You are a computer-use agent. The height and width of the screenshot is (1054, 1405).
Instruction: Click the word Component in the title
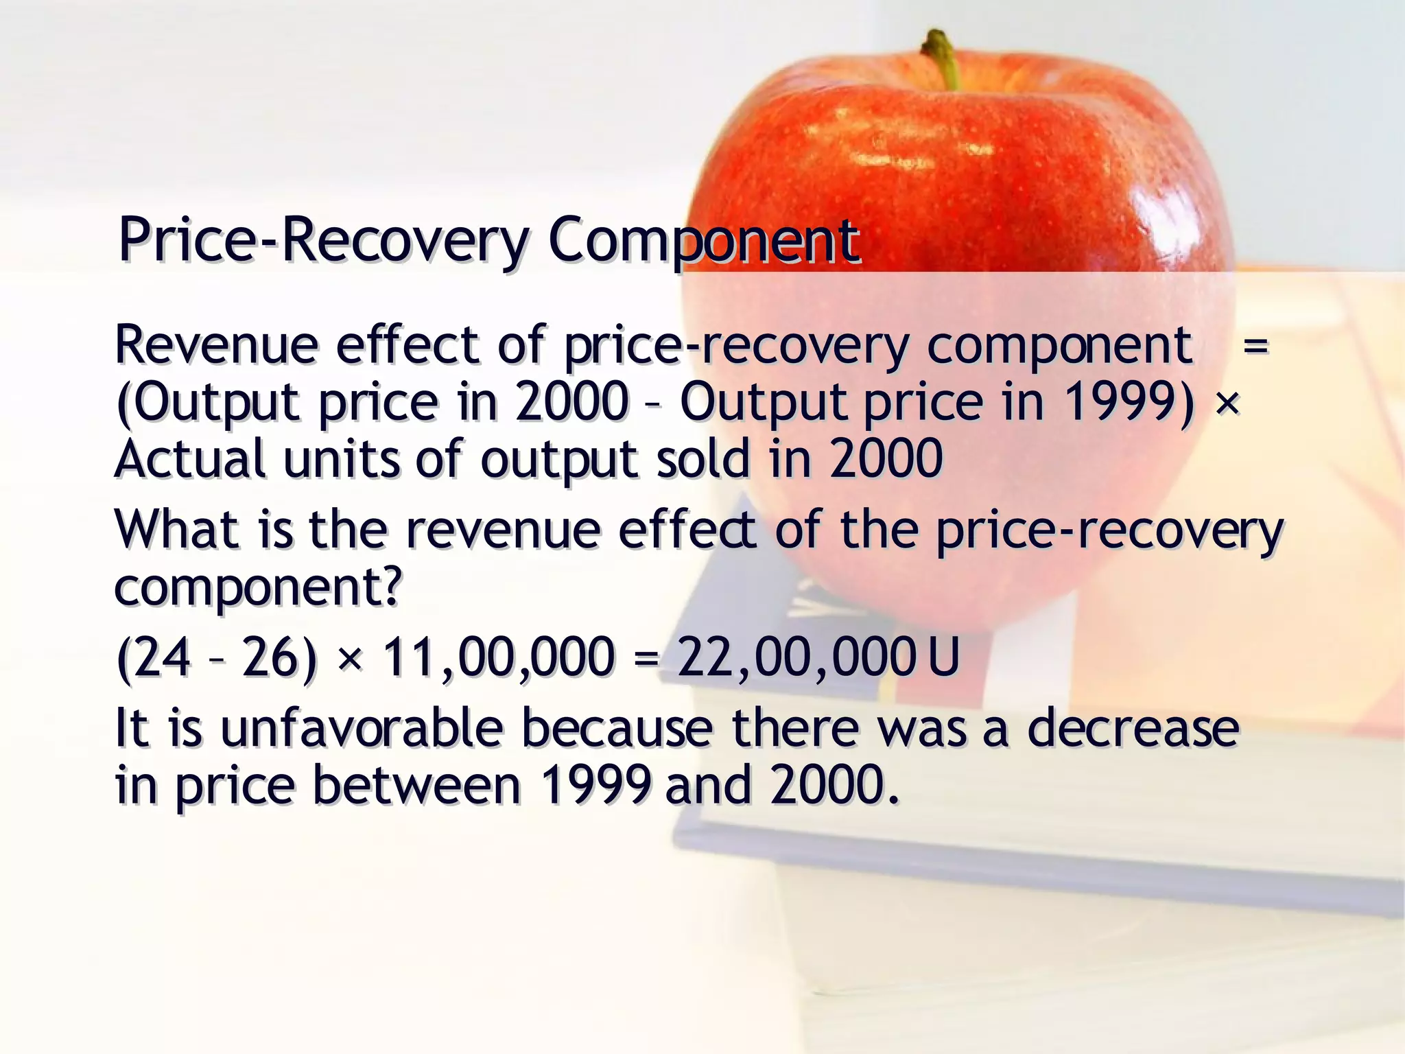click(x=702, y=242)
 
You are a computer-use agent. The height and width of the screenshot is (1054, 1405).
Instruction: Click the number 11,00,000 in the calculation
click(x=497, y=657)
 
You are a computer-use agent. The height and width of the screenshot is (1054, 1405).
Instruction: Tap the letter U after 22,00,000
click(x=943, y=657)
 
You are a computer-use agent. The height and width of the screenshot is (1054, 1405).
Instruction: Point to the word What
click(x=177, y=530)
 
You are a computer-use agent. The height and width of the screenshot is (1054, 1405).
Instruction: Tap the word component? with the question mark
click(x=257, y=588)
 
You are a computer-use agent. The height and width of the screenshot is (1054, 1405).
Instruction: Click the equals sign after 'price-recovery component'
click(x=1255, y=345)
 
